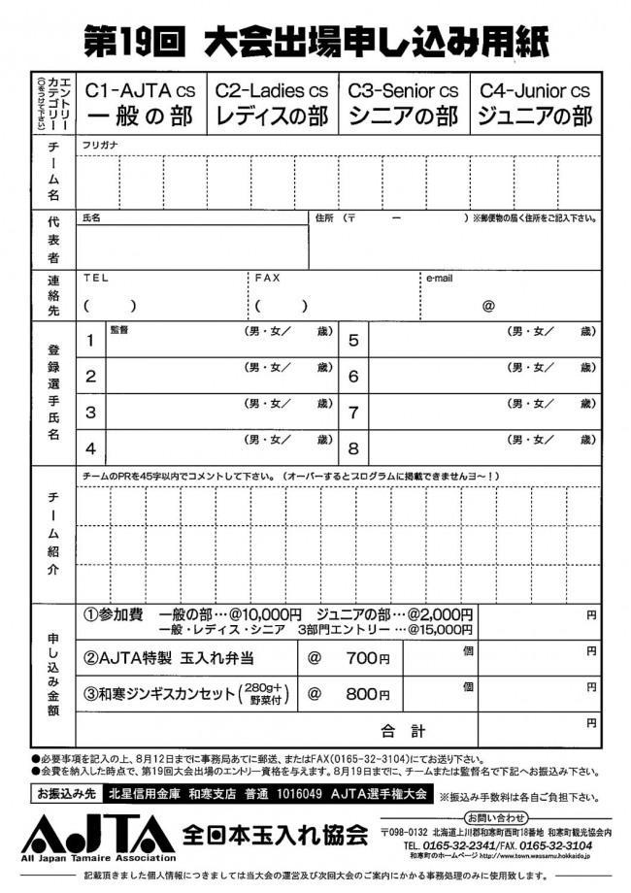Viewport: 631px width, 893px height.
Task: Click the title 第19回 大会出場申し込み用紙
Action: (316, 42)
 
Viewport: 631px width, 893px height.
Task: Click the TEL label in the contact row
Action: (96, 278)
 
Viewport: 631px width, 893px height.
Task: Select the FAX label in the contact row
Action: (267, 278)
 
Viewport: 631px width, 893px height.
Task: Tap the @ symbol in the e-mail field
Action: (488, 306)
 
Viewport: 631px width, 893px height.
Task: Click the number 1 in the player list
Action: (91, 341)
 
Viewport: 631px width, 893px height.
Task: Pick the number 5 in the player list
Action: (353, 341)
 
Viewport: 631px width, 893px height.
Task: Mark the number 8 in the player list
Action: (353, 448)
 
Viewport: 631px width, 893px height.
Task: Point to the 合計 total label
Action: (403, 730)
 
